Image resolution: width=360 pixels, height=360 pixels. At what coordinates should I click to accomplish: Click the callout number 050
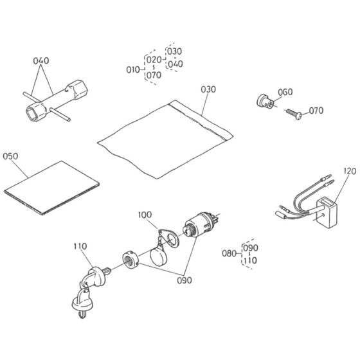click(x=10, y=156)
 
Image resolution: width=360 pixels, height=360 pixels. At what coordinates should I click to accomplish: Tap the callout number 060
click(x=285, y=92)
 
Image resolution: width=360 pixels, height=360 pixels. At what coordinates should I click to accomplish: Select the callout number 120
click(x=350, y=171)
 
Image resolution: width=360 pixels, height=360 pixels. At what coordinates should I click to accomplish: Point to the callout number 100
click(x=145, y=215)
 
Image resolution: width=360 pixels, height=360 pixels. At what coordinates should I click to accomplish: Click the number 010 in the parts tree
click(x=133, y=69)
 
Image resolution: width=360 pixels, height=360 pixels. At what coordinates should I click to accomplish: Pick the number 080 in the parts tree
click(x=229, y=253)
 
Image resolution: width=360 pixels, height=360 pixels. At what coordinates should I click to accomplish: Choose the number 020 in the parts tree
click(x=154, y=60)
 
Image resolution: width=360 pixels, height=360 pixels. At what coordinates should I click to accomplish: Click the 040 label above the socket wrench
click(x=41, y=61)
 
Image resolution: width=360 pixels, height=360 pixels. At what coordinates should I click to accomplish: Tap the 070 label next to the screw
click(x=316, y=111)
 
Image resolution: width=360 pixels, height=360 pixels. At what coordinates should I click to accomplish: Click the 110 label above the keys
click(x=80, y=246)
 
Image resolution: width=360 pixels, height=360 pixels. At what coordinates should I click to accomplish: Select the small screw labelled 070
click(x=294, y=114)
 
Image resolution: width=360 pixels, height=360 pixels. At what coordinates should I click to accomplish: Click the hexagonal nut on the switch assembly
click(x=130, y=260)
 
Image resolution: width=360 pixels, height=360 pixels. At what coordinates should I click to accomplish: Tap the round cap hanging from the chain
click(x=158, y=256)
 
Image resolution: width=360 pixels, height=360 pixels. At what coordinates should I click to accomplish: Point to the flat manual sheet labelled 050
click(x=51, y=188)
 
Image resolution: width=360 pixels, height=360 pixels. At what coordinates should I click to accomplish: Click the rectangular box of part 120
click(x=327, y=213)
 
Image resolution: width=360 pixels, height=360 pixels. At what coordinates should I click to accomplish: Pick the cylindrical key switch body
click(x=199, y=224)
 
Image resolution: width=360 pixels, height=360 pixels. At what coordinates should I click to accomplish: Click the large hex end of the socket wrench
click(x=77, y=90)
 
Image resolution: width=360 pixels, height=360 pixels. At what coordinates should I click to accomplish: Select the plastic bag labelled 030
click(x=165, y=139)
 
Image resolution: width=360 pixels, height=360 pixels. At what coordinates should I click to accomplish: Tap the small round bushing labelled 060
click(x=265, y=102)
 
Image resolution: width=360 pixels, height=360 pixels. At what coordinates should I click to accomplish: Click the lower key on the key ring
click(x=83, y=303)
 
